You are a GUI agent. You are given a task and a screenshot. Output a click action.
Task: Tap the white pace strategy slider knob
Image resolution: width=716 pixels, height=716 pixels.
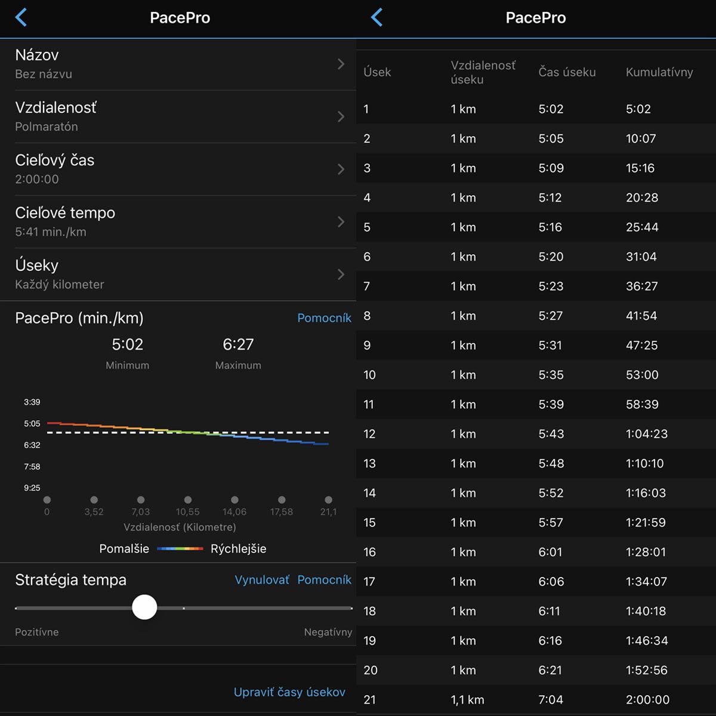[x=144, y=607]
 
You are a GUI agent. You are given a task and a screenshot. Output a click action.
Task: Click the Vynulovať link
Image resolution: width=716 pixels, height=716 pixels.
[x=262, y=579]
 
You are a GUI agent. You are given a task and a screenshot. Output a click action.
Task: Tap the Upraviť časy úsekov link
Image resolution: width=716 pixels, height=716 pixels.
[x=289, y=692]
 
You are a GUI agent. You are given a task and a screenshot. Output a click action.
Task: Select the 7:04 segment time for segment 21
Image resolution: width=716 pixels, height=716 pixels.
[x=551, y=700]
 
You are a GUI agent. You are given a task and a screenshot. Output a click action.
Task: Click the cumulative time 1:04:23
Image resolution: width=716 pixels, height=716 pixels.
[x=647, y=434]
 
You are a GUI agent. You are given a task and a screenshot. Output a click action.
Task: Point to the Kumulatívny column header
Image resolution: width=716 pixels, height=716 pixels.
[x=659, y=72]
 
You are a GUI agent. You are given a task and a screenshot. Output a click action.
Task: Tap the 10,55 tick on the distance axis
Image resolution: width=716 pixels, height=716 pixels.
[x=187, y=511]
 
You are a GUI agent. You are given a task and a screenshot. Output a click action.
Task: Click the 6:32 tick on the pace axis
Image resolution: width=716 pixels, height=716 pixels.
[x=32, y=445]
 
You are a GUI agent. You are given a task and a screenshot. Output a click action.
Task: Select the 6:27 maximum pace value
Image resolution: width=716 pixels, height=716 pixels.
[x=238, y=344]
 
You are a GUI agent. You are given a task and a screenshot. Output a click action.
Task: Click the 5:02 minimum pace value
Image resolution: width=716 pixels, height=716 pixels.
[x=128, y=344]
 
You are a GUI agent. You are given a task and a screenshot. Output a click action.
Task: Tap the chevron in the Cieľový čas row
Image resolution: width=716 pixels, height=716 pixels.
[x=341, y=169]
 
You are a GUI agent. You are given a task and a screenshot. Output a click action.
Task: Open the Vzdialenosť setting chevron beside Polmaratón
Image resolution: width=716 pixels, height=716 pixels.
[x=341, y=117]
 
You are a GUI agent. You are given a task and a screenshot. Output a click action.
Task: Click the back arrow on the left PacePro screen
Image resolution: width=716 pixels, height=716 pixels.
[x=21, y=17]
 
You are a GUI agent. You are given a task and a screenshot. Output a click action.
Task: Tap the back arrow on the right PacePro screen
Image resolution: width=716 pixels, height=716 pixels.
[x=376, y=17]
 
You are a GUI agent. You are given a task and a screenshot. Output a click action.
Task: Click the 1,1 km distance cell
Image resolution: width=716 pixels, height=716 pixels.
[x=467, y=700]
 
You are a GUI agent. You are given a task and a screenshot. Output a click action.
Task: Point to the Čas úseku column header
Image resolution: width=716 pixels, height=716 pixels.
[x=567, y=72]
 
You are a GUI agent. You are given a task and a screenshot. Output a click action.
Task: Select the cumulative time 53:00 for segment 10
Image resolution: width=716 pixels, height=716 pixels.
[x=642, y=375]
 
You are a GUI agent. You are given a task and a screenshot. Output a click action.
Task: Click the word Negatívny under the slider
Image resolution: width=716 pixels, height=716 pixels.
[x=328, y=632]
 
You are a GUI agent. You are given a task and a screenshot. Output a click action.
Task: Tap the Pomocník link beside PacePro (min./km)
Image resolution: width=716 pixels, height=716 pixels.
[x=325, y=318]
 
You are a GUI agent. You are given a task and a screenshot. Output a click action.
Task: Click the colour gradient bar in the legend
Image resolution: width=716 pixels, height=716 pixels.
[x=180, y=548]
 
